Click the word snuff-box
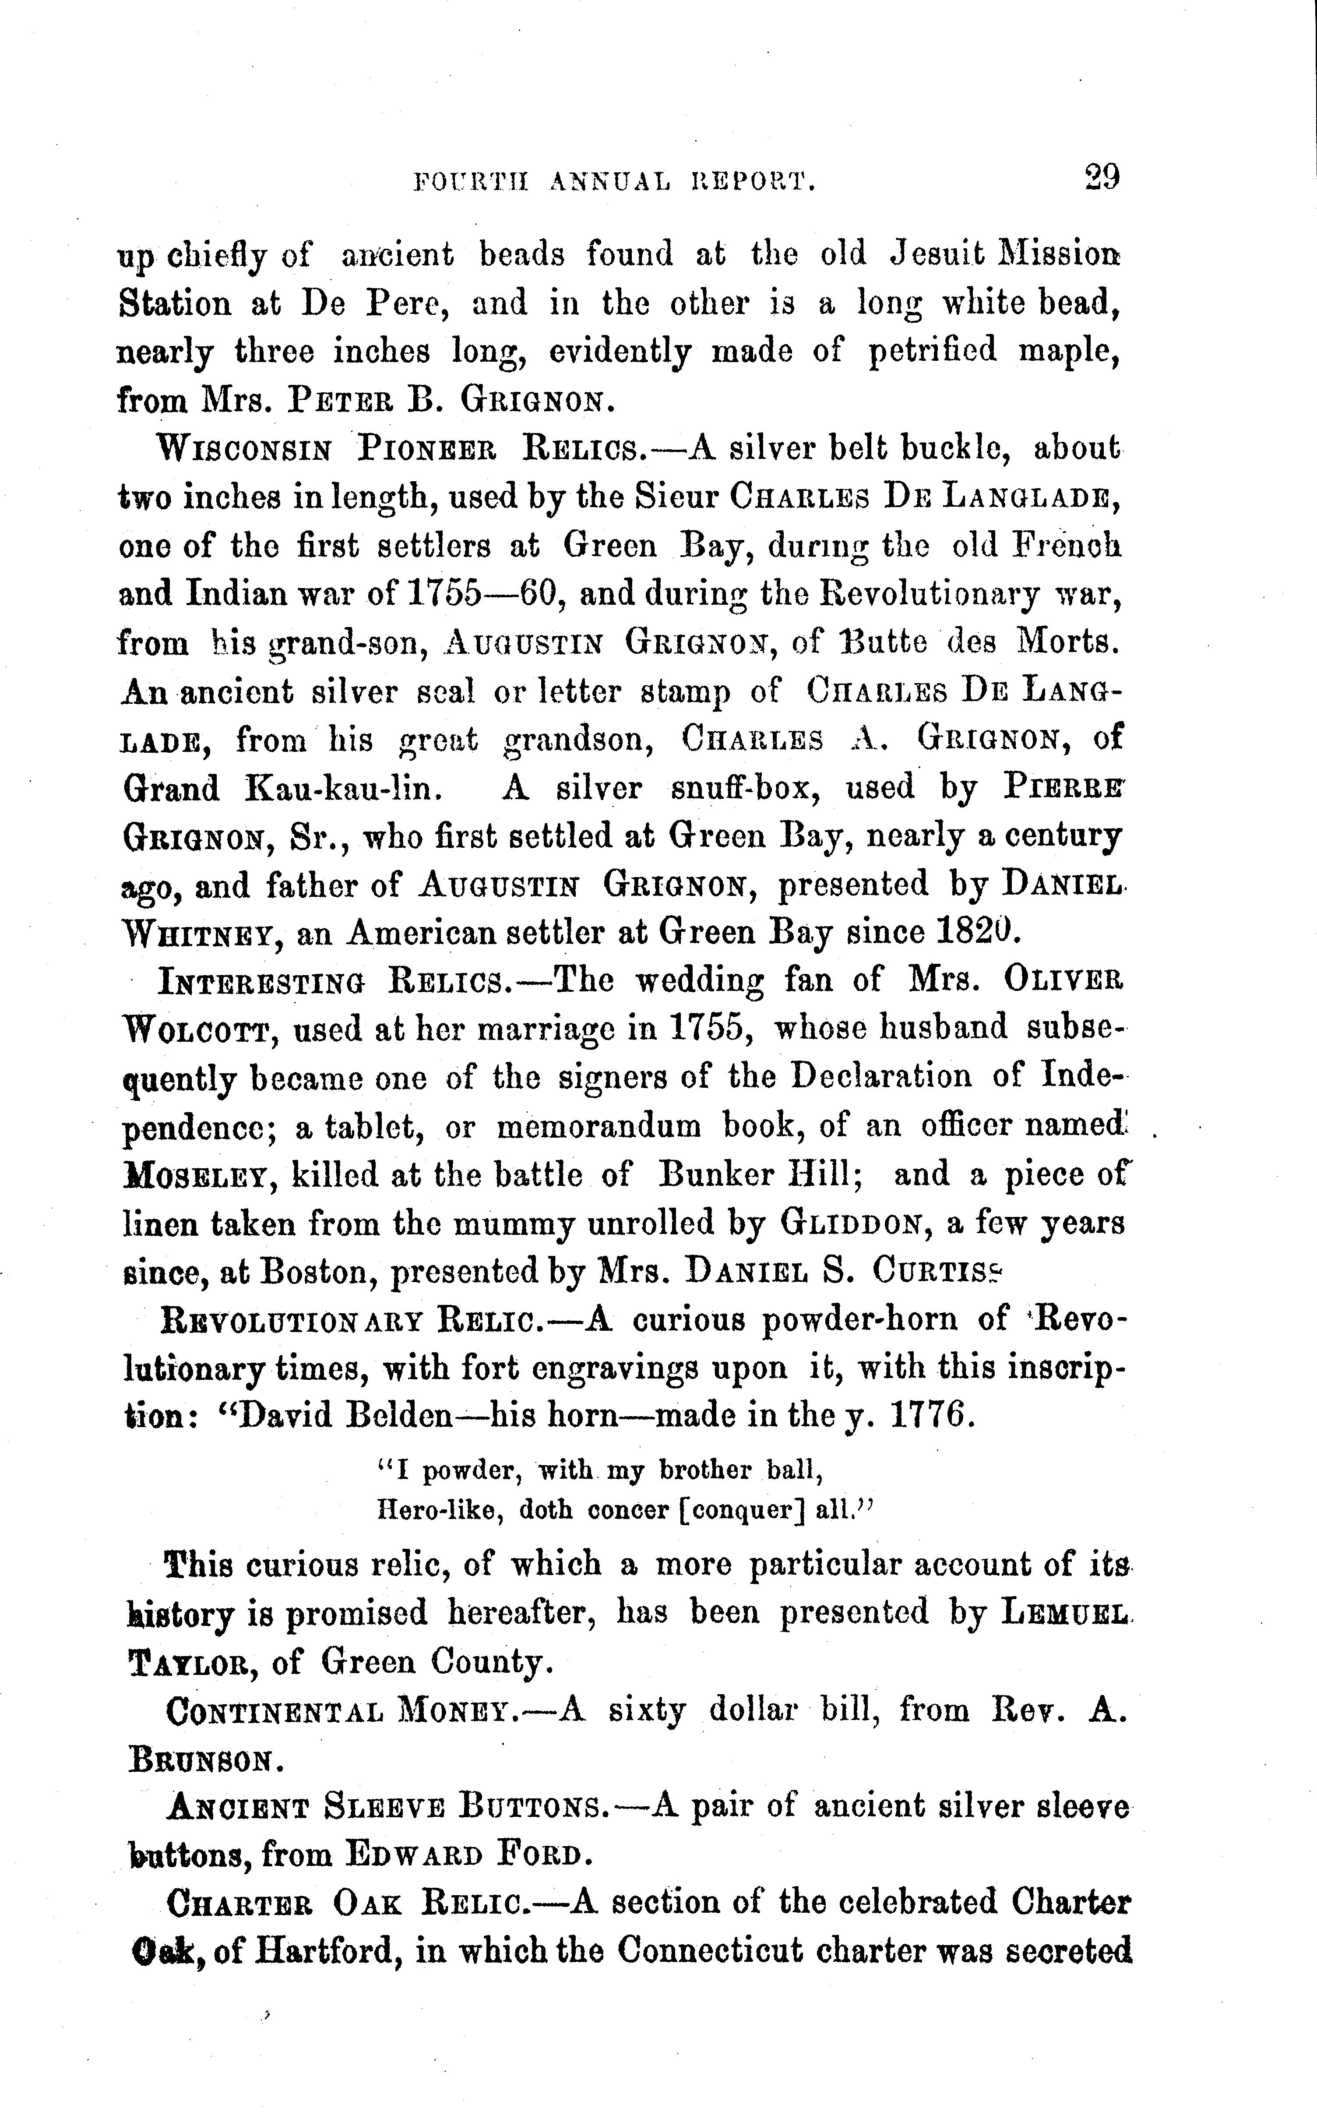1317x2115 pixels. pyautogui.click(x=750, y=788)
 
